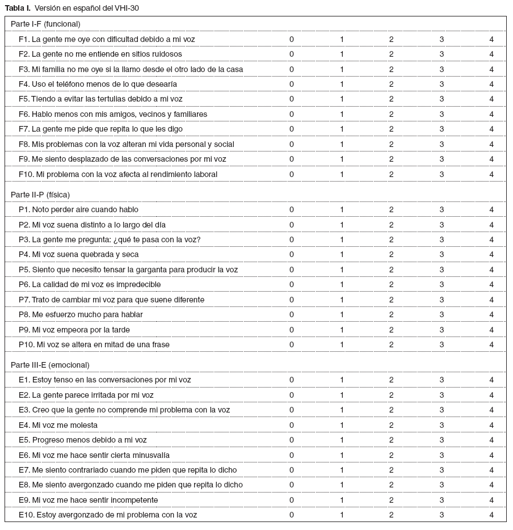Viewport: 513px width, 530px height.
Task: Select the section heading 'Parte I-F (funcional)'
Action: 45,24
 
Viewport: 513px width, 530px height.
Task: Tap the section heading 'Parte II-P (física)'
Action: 40,195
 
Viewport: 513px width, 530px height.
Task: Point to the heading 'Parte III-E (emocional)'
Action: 50,365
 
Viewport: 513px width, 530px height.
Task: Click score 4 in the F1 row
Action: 491,39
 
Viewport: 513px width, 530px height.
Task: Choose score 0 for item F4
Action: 292,84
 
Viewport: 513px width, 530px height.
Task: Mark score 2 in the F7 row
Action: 392,129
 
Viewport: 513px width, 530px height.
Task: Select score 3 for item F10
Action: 441,174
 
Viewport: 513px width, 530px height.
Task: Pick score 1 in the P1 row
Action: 342,209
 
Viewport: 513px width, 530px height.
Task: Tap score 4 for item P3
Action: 491,239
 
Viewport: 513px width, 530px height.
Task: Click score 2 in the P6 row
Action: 392,284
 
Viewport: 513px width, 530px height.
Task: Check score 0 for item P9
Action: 292,330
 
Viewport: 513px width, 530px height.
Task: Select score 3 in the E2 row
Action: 441,395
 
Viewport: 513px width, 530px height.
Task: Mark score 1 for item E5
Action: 342,440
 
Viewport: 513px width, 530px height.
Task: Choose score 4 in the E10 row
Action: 491,515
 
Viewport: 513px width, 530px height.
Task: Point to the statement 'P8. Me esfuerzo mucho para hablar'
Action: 80,314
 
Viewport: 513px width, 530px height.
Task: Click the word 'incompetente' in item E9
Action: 134,500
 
